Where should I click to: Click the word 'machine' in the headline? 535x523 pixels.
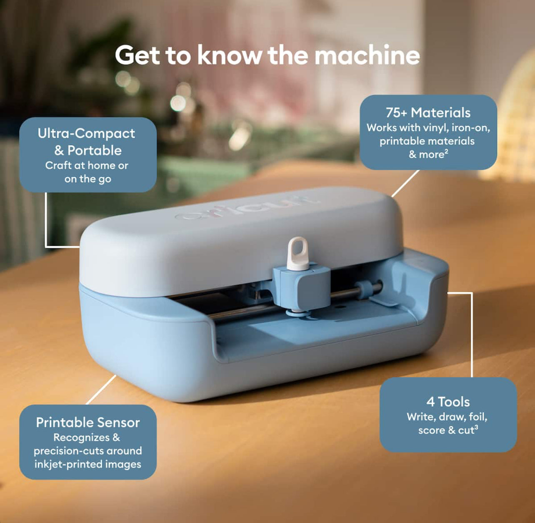[x=367, y=55]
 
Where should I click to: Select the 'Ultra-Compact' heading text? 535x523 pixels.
[x=86, y=133]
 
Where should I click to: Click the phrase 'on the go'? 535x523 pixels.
[x=87, y=179]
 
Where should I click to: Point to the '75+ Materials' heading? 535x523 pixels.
[x=428, y=113]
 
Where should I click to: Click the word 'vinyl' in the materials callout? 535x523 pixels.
[x=434, y=128]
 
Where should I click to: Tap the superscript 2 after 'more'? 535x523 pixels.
[x=446, y=152]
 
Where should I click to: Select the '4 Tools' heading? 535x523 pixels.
[x=448, y=402]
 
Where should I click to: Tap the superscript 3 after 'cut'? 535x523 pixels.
[x=476, y=427]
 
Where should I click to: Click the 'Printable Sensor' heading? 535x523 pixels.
[x=88, y=422]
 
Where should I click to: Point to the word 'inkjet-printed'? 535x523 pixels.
[x=65, y=464]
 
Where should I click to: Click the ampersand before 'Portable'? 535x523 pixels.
[x=59, y=151]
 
